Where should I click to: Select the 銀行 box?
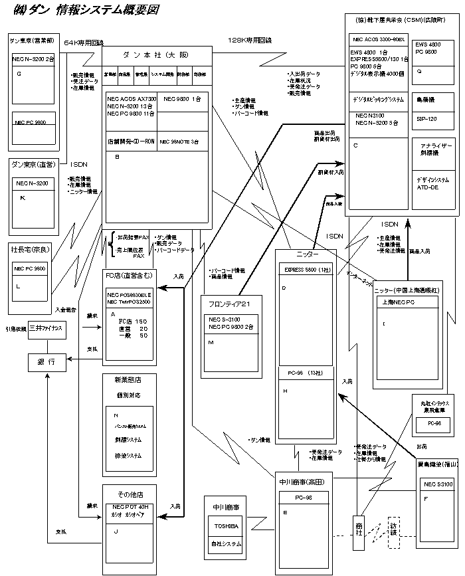click(x=47, y=362)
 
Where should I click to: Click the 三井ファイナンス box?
click(x=47, y=329)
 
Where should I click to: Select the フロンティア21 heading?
click(x=228, y=304)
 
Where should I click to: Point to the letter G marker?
click(x=19, y=74)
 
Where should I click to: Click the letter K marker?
click(x=23, y=198)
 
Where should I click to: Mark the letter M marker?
click(x=211, y=341)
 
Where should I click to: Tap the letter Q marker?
click(x=419, y=70)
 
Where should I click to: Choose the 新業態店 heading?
click(x=128, y=380)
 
